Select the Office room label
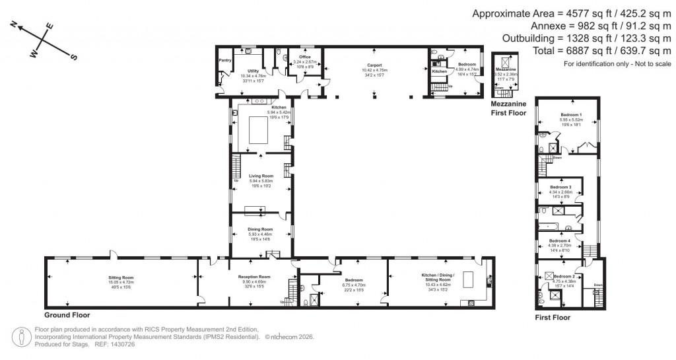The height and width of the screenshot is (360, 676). [x=304, y=57]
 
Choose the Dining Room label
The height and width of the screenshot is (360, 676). [x=260, y=229]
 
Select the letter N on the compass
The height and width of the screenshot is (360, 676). [x=14, y=24]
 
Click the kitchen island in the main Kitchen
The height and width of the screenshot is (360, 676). [x=259, y=133]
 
